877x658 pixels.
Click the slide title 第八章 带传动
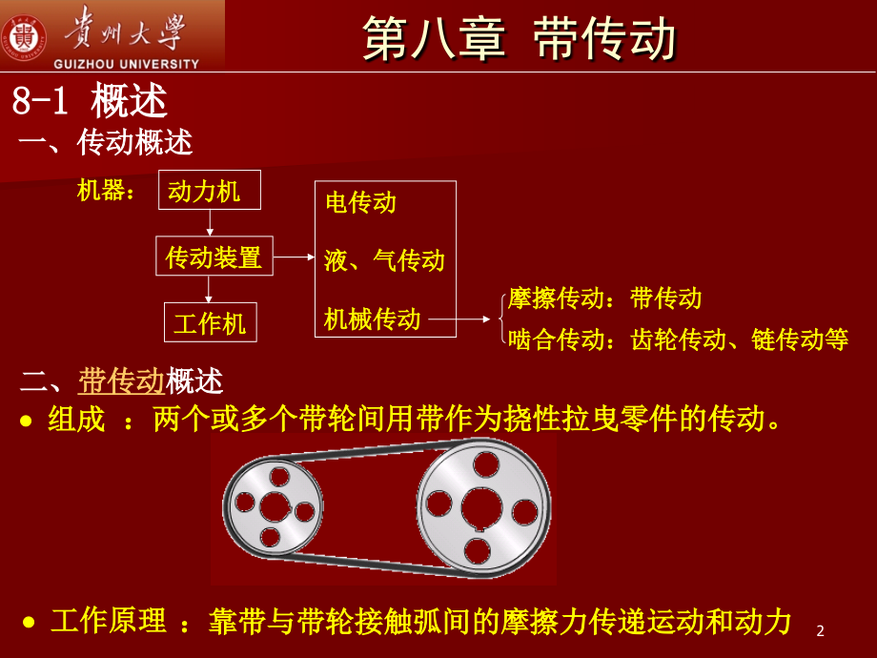[520, 40]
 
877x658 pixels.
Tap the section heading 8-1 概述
[90, 101]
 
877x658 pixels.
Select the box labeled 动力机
[203, 191]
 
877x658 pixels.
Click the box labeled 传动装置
[214, 257]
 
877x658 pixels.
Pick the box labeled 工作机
[210, 322]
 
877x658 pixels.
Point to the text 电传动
[359, 202]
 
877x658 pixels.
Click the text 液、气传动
[383, 259]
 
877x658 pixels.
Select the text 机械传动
[372, 319]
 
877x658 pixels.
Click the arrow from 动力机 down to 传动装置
[210, 223]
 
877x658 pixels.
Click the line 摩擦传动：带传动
[604, 298]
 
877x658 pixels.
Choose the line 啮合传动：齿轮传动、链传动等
[678, 339]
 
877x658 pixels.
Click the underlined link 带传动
[122, 381]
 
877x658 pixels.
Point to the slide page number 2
[821, 630]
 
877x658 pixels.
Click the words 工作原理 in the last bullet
[108, 623]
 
